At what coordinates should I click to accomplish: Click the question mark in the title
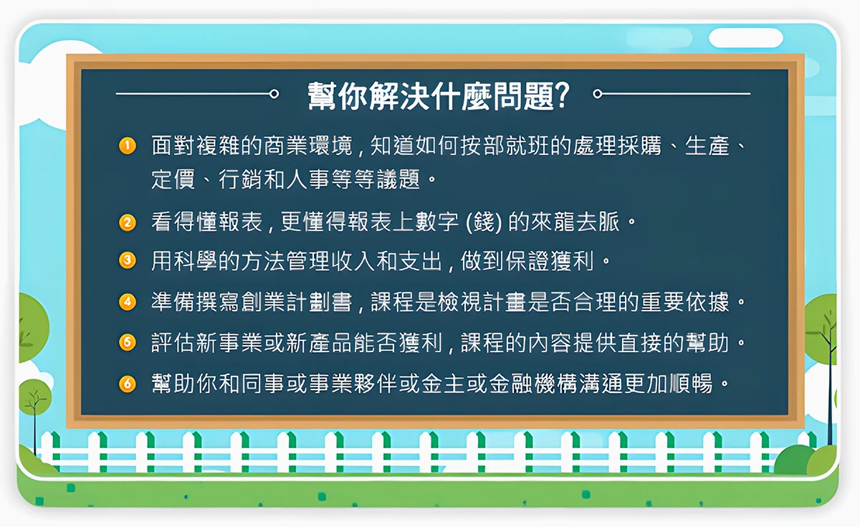[x=562, y=95]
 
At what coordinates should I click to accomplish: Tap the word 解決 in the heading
[x=399, y=95]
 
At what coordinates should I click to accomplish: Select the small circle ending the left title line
[x=274, y=94]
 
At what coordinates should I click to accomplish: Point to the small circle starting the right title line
[x=598, y=94]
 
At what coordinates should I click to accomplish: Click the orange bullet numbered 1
[x=128, y=146]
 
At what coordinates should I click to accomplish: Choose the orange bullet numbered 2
[x=128, y=222]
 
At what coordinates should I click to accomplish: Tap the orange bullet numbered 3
[x=128, y=260]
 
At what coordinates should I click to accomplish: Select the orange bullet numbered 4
[x=128, y=302]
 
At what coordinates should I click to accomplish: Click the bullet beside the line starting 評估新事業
[x=128, y=342]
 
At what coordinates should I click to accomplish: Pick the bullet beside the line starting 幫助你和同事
[x=128, y=384]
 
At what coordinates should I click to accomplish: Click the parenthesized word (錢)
[x=484, y=222]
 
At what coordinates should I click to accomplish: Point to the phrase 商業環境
[x=308, y=146]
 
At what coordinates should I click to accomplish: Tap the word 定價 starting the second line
[x=173, y=179]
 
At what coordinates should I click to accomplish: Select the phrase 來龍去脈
[x=575, y=222]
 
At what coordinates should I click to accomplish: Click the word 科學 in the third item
[x=196, y=261]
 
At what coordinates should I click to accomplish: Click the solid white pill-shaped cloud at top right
[x=745, y=37]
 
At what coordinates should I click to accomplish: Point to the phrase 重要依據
[x=684, y=302]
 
